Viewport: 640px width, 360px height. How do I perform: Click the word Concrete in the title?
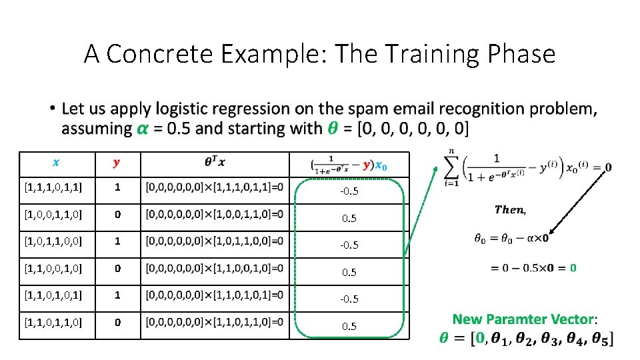[167, 54]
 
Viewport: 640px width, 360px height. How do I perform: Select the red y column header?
[117, 162]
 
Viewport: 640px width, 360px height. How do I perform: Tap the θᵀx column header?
[214, 162]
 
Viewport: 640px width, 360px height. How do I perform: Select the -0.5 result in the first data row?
[349, 191]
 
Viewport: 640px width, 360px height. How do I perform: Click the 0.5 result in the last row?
[349, 327]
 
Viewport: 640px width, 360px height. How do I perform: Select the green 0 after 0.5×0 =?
[573, 267]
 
